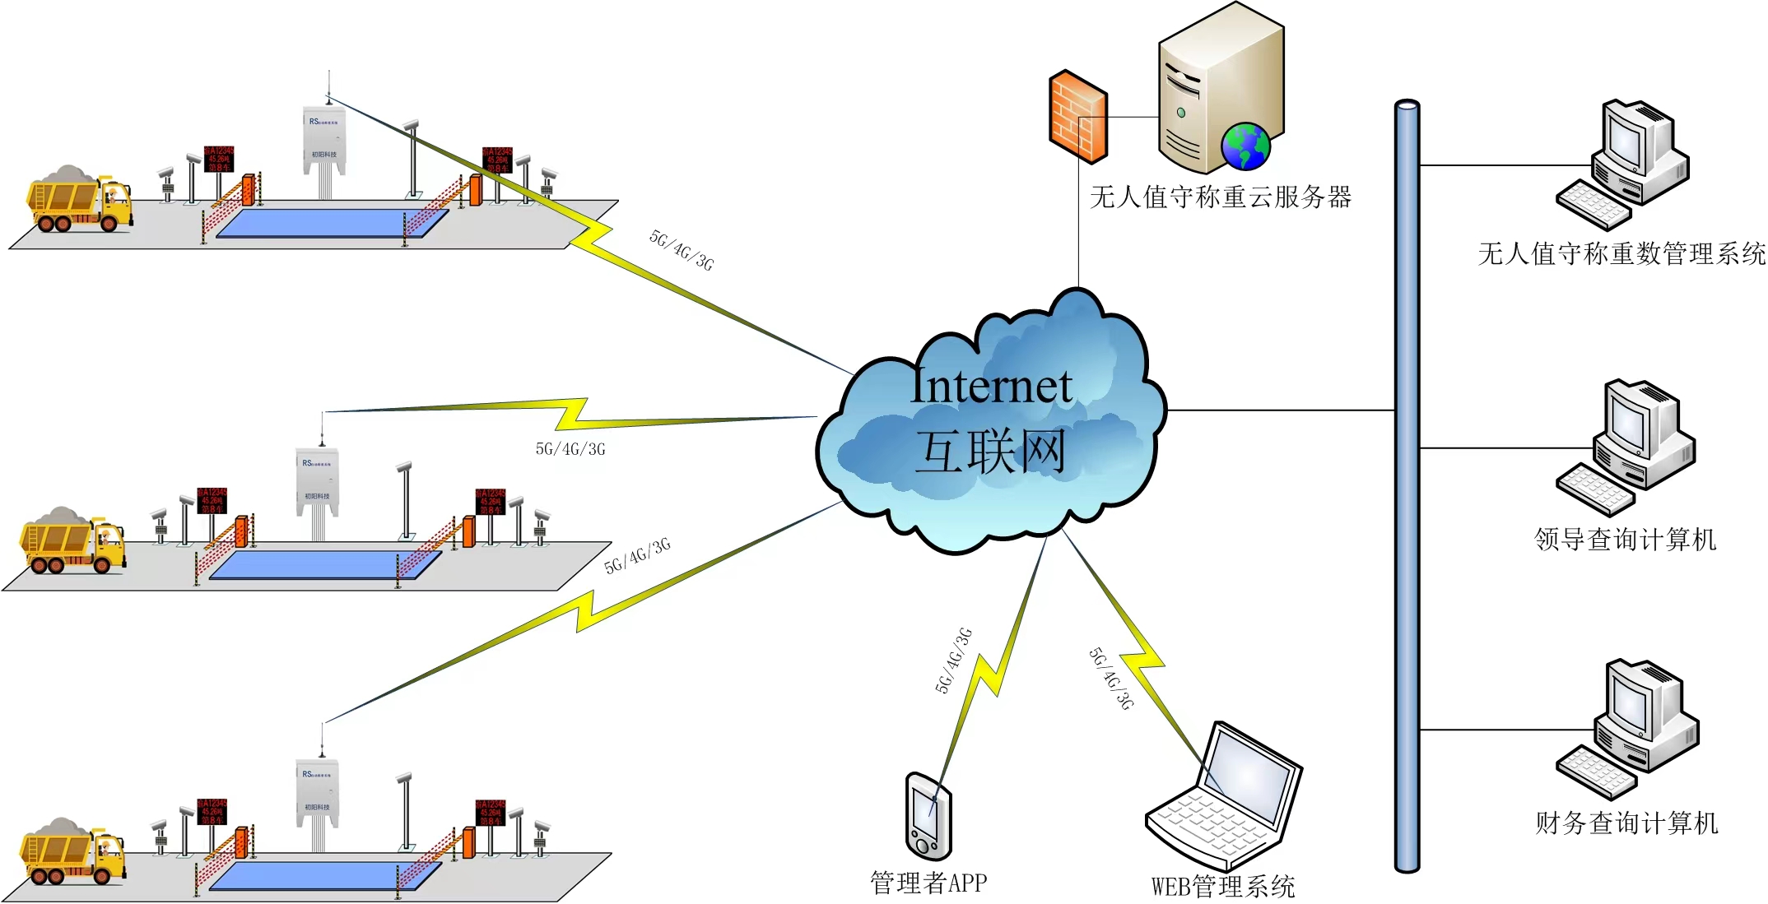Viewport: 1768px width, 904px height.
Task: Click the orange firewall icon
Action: coord(1078,117)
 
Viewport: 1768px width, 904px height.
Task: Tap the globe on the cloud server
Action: coord(1245,146)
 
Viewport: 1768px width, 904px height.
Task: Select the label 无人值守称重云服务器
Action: coord(1221,197)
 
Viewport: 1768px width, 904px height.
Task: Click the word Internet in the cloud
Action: coord(992,386)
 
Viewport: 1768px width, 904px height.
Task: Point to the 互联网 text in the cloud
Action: coord(991,451)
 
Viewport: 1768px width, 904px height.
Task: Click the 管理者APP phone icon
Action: coord(928,817)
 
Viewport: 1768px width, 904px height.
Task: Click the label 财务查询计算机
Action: coord(1626,823)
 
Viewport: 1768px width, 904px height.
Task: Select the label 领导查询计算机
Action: coord(1626,540)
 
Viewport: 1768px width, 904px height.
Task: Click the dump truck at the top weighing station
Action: coord(79,200)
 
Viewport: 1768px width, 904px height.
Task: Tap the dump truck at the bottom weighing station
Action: coord(72,852)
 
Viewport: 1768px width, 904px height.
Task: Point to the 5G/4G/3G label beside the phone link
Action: coord(953,661)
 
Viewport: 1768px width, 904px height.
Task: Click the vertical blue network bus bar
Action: coord(1407,485)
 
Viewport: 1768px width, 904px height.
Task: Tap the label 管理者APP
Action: coord(928,883)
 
